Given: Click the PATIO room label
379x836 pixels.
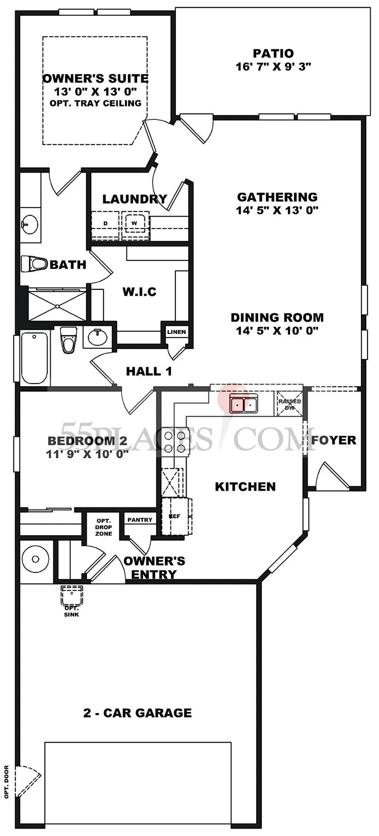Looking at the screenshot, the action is [x=273, y=53].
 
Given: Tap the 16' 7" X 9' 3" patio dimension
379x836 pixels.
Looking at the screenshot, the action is [x=273, y=67].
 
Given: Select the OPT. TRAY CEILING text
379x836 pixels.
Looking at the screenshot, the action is [x=96, y=103].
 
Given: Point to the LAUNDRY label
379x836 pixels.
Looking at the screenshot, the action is [x=135, y=199].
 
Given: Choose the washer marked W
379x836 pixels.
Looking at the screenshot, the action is [x=134, y=224].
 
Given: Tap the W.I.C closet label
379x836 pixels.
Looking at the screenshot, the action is [x=139, y=292].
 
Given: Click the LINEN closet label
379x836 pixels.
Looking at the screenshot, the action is [x=177, y=332].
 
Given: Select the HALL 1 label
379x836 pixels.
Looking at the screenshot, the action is [x=149, y=371].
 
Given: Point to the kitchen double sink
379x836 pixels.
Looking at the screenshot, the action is [x=244, y=403].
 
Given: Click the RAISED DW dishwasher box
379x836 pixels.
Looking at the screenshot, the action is [x=290, y=403].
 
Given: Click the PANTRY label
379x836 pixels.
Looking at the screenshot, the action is [x=140, y=520].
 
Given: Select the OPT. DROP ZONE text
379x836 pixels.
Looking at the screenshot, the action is [x=104, y=527].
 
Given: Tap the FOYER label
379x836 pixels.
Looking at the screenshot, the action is [x=334, y=440].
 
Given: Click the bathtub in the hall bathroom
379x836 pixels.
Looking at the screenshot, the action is [x=34, y=358].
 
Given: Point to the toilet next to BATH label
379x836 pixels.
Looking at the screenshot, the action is [x=34, y=264].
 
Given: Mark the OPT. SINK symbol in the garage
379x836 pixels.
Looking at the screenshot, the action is [x=71, y=597].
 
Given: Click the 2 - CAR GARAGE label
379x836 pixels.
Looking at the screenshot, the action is [x=137, y=713].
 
